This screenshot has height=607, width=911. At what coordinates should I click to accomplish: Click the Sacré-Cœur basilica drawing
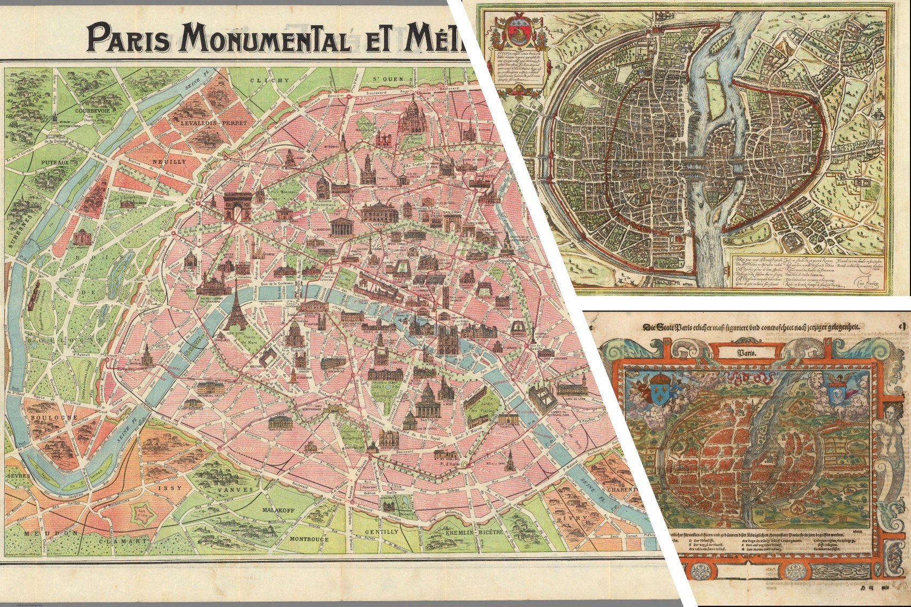pyautogui.click(x=413, y=116)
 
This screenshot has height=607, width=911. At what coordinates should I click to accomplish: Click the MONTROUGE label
pyautogui.click(x=309, y=540)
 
